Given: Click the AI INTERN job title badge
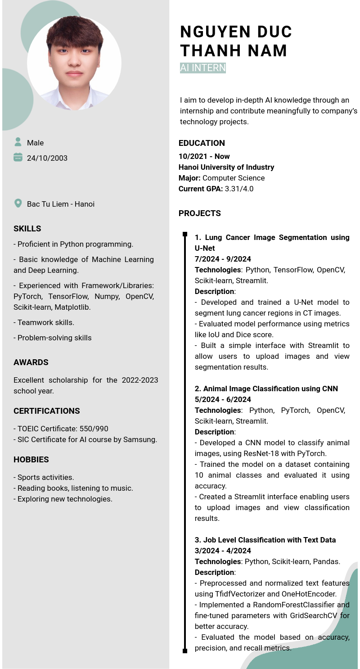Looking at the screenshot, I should coord(202,68).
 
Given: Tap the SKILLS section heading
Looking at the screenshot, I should coord(27,229).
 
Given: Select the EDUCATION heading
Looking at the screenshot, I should coord(202,143).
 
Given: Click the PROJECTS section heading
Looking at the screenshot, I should coord(200,213).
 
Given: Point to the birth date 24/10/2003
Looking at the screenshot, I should coord(47,158).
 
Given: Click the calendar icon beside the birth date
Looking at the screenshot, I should coord(18,157).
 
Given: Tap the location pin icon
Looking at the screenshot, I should coord(18,203).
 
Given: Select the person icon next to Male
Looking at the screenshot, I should coord(18,142).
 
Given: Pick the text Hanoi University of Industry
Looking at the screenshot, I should coord(226,167).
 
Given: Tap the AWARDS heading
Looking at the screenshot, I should coord(31,362).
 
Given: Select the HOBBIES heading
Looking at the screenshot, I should coord(31,460).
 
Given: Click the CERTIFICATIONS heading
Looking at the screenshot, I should coord(47,411).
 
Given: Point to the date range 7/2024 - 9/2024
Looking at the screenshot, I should coord(223,259).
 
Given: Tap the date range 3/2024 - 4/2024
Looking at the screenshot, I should coord(223,551).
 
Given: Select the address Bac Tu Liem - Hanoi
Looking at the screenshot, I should coord(61,204).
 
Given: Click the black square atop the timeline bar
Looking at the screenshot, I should coord(185,234).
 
